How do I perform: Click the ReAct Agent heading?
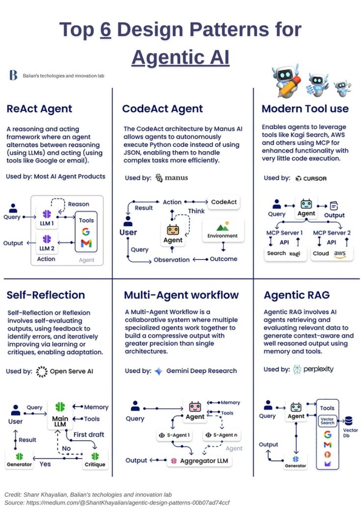click(x=39, y=109)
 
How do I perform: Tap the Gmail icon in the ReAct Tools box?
click(x=86, y=243)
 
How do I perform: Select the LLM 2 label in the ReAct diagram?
click(x=47, y=248)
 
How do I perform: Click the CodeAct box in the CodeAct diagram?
click(x=224, y=202)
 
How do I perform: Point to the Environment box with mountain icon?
click(x=223, y=231)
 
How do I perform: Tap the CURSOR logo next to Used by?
click(x=311, y=178)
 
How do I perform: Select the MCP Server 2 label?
click(x=332, y=233)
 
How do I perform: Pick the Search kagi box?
click(x=284, y=254)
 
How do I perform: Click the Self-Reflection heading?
click(x=46, y=295)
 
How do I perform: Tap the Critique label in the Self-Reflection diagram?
click(x=95, y=464)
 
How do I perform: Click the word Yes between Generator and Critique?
click(x=45, y=464)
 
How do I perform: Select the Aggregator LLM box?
click(x=200, y=461)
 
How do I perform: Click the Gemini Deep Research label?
click(x=201, y=371)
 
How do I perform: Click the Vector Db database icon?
click(x=349, y=421)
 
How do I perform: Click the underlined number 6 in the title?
click(x=105, y=30)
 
